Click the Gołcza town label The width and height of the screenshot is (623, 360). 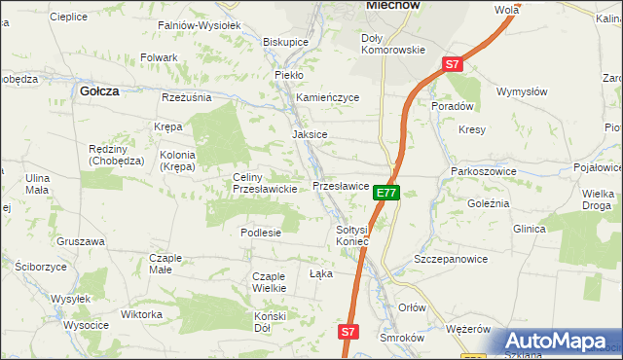pos(98,90)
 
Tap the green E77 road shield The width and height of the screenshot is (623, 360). pos(385,194)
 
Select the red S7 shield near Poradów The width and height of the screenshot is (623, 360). pos(452,64)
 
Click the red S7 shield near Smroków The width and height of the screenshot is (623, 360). pos(349,333)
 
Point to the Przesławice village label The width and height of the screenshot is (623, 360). pos(340,185)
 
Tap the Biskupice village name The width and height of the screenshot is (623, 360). pos(286,43)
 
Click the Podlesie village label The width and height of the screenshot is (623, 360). pos(261,233)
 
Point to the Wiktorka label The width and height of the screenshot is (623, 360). pos(141,315)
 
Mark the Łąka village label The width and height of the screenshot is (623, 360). pos(321,273)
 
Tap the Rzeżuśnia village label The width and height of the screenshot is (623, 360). pos(187,97)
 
